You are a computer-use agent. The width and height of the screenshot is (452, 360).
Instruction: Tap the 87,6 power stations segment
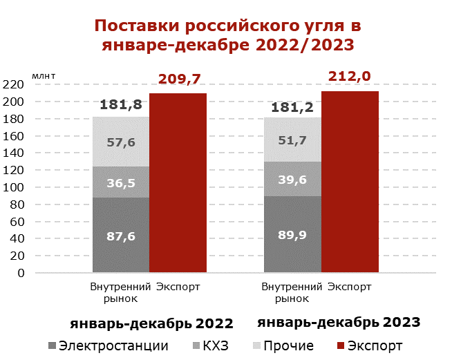[120, 235]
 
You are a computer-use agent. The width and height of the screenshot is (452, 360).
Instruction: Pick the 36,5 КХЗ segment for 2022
[120, 182]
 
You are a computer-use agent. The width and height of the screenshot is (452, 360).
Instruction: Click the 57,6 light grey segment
[120, 142]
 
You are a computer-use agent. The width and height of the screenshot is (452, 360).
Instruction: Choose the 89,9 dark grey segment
[292, 234]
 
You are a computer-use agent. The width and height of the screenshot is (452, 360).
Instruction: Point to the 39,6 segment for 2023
[292, 179]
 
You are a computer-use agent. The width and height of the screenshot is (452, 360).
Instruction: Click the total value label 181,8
[121, 105]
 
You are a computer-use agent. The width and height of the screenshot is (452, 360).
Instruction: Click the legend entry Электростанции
[107, 345]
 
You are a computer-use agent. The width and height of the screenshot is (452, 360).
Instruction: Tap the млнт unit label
[44, 73]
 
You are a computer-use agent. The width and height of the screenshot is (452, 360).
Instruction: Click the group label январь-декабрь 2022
[151, 323]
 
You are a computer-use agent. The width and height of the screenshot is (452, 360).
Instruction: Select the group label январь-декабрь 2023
[339, 322]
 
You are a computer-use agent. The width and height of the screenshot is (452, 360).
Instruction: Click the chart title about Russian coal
[227, 36]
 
